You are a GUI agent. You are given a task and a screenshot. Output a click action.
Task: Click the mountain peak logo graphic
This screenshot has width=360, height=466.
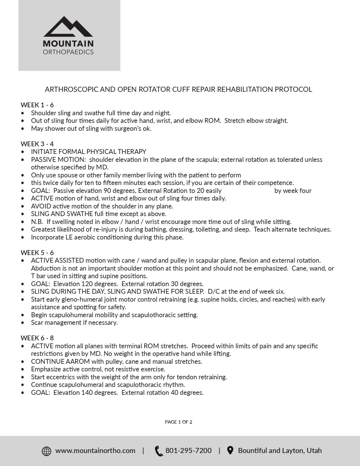coord(68,27)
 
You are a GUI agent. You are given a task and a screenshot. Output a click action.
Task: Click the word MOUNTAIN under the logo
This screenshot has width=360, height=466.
coord(68,44)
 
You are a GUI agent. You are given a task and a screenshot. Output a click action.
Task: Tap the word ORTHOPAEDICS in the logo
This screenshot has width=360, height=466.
coord(68,52)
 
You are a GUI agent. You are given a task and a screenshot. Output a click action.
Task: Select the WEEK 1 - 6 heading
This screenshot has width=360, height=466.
coord(37,105)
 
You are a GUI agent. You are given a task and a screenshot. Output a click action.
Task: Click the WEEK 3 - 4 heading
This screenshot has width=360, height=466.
coord(37,144)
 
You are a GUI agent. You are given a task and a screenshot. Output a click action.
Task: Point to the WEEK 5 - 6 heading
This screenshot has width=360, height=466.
coord(37,252)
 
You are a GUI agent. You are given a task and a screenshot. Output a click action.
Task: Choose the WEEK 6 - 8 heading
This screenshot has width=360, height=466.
coord(37,338)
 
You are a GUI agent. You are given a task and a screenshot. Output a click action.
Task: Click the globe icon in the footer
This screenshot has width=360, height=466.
coord(47,451)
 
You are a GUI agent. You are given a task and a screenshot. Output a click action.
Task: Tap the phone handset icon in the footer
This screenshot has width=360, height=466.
coord(159,451)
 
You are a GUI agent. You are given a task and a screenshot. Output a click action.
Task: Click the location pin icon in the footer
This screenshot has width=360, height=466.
coord(230,450)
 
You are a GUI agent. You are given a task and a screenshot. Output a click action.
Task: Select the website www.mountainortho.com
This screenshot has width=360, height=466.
coord(95,450)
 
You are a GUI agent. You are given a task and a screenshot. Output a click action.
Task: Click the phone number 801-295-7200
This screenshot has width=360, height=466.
coord(188,450)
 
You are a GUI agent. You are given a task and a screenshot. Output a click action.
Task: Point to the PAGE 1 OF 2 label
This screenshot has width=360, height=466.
coord(178,422)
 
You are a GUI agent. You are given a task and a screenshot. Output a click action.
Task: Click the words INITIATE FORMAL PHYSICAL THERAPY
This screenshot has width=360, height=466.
coord(89,152)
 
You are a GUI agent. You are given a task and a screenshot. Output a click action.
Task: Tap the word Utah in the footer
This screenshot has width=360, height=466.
coord(314,450)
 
